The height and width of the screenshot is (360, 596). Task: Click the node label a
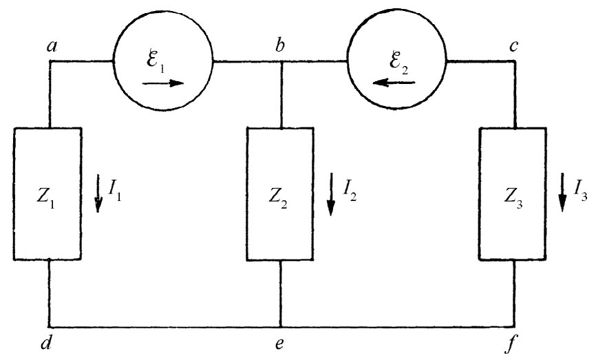[x=50, y=47]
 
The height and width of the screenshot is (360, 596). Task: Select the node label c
[x=513, y=46]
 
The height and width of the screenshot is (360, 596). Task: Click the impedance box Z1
[x=48, y=193]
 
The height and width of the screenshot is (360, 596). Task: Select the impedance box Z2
[x=280, y=193]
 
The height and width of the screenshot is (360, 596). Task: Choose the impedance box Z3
[x=513, y=193]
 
